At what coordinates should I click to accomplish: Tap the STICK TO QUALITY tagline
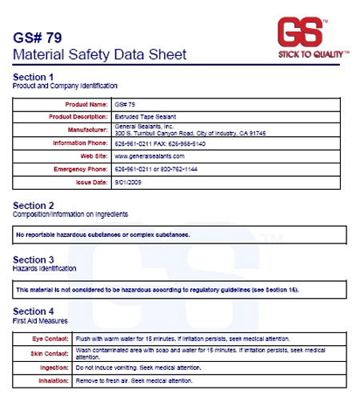coord(313,54)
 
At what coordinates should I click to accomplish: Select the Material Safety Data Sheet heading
coord(100,54)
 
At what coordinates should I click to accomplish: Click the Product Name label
coord(86,104)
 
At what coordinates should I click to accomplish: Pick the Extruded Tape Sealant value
coord(149,117)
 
